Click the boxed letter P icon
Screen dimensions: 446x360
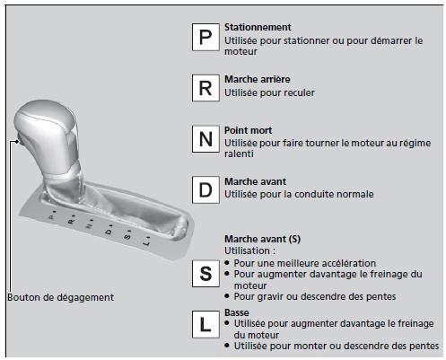(206, 37)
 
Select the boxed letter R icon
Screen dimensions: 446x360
(206, 88)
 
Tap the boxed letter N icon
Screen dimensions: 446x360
(206, 139)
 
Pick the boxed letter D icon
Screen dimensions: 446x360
(206, 190)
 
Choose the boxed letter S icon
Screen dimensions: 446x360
(206, 274)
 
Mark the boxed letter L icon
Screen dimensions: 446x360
(206, 324)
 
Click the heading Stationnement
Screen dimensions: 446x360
(258, 27)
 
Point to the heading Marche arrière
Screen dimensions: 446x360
(258, 79)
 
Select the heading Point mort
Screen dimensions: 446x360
(248, 130)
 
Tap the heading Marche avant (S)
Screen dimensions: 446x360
(262, 239)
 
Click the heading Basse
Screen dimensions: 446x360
(237, 312)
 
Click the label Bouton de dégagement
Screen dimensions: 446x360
(60, 297)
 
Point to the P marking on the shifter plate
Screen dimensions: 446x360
(52, 216)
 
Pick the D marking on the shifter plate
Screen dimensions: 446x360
(109, 231)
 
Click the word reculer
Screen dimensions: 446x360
(299, 92)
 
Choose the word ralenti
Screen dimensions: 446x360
(239, 154)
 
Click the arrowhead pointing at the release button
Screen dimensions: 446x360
(18, 142)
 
